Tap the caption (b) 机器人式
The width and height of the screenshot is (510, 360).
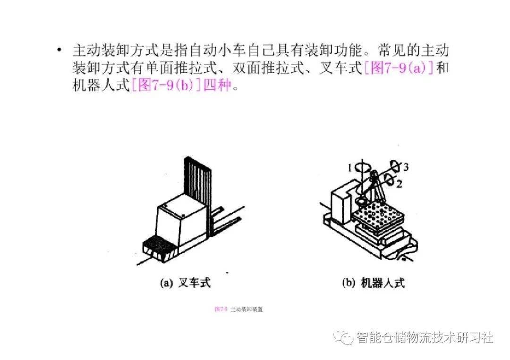(x=373, y=283)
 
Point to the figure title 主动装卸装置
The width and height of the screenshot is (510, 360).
(x=246, y=310)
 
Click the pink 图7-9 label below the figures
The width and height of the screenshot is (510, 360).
(x=221, y=310)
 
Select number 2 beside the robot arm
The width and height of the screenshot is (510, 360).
(x=399, y=184)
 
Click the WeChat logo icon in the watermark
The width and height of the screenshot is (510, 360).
(x=343, y=337)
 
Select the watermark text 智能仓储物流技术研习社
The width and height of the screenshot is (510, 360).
(x=425, y=337)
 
